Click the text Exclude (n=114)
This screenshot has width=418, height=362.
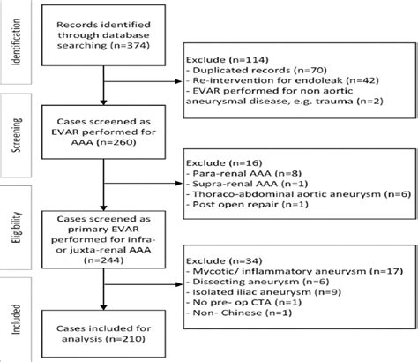(226, 70)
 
